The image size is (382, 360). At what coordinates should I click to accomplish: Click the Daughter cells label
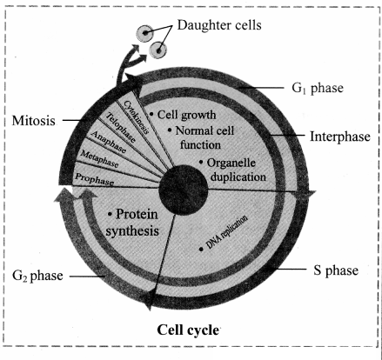coord(219,25)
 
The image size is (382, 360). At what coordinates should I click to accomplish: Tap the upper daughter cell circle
coord(144,33)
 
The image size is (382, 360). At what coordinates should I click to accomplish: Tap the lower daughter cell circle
coord(158,50)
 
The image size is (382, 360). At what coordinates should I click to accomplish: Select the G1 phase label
coord(318,88)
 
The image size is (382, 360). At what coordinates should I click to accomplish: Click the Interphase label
coord(340,137)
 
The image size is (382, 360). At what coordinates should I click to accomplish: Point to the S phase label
coord(336,270)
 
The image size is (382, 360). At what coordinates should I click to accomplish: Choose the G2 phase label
coord(37,276)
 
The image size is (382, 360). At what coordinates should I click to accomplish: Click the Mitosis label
coord(33,121)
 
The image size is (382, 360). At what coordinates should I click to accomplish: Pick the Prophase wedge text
coord(94,179)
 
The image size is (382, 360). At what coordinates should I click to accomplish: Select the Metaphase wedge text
coord(99,159)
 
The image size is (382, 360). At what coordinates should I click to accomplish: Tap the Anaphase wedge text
coord(109,142)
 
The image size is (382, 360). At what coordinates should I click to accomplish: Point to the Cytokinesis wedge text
coord(137,117)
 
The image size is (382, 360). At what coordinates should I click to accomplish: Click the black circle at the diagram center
coord(184,190)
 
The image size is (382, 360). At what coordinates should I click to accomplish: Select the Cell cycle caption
coord(188,330)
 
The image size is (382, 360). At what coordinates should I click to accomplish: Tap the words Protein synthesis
coord(132,223)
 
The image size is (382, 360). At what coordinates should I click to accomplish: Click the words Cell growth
coord(186,115)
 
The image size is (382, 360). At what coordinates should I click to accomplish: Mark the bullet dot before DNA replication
coord(201,249)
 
